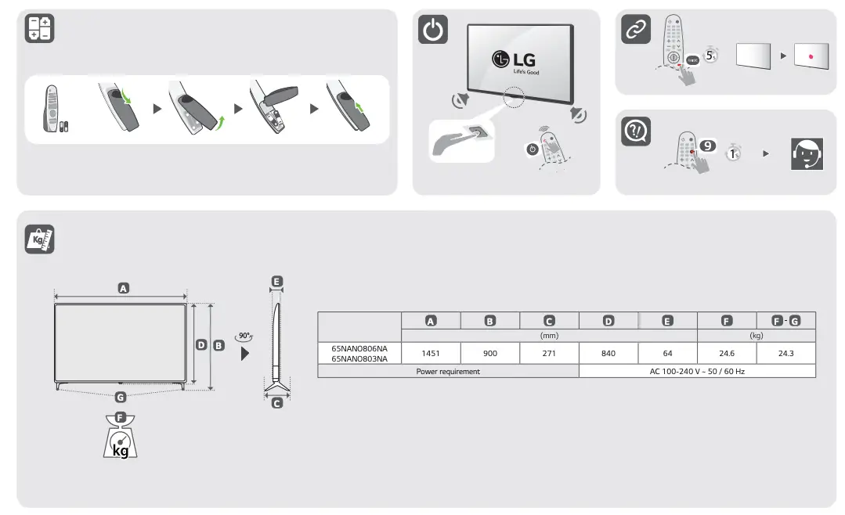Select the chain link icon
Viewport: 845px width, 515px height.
point(635,30)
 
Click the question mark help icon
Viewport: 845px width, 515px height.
point(635,131)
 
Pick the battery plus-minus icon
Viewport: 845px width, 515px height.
point(39,29)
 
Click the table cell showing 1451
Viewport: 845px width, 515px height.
point(430,353)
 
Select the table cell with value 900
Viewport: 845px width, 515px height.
point(489,353)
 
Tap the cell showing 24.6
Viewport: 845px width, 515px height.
point(727,353)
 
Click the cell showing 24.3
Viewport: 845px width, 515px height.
point(785,353)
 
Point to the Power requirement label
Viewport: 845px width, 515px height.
point(448,372)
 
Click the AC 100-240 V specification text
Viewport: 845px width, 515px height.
point(697,372)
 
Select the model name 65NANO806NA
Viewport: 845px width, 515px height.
point(359,348)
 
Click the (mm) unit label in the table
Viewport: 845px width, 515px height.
point(549,335)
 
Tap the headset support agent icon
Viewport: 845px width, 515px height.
point(807,153)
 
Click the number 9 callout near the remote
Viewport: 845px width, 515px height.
point(707,146)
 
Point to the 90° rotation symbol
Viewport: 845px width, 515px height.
point(245,337)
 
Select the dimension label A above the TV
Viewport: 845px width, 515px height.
point(123,288)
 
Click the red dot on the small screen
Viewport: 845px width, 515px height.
point(810,57)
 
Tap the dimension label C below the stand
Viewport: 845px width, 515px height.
point(276,403)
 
